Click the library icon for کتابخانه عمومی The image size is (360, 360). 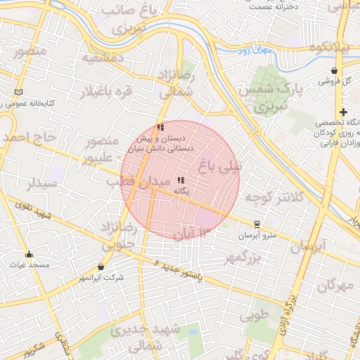pyautogui.click(x=18, y=92)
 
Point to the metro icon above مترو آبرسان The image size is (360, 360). pyautogui.click(x=257, y=224)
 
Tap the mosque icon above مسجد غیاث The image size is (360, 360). pyautogui.click(x=29, y=255)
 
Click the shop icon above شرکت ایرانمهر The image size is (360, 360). pyautogui.click(x=102, y=267)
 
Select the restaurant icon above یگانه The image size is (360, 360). pyautogui.click(x=181, y=180)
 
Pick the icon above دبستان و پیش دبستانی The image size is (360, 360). pyautogui.click(x=161, y=128)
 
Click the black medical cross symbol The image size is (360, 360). pyautogui.click(x=342, y=112)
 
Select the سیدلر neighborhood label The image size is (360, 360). pyautogui.click(x=40, y=184)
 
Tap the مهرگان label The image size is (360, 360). pyautogui.click(x=333, y=286)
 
